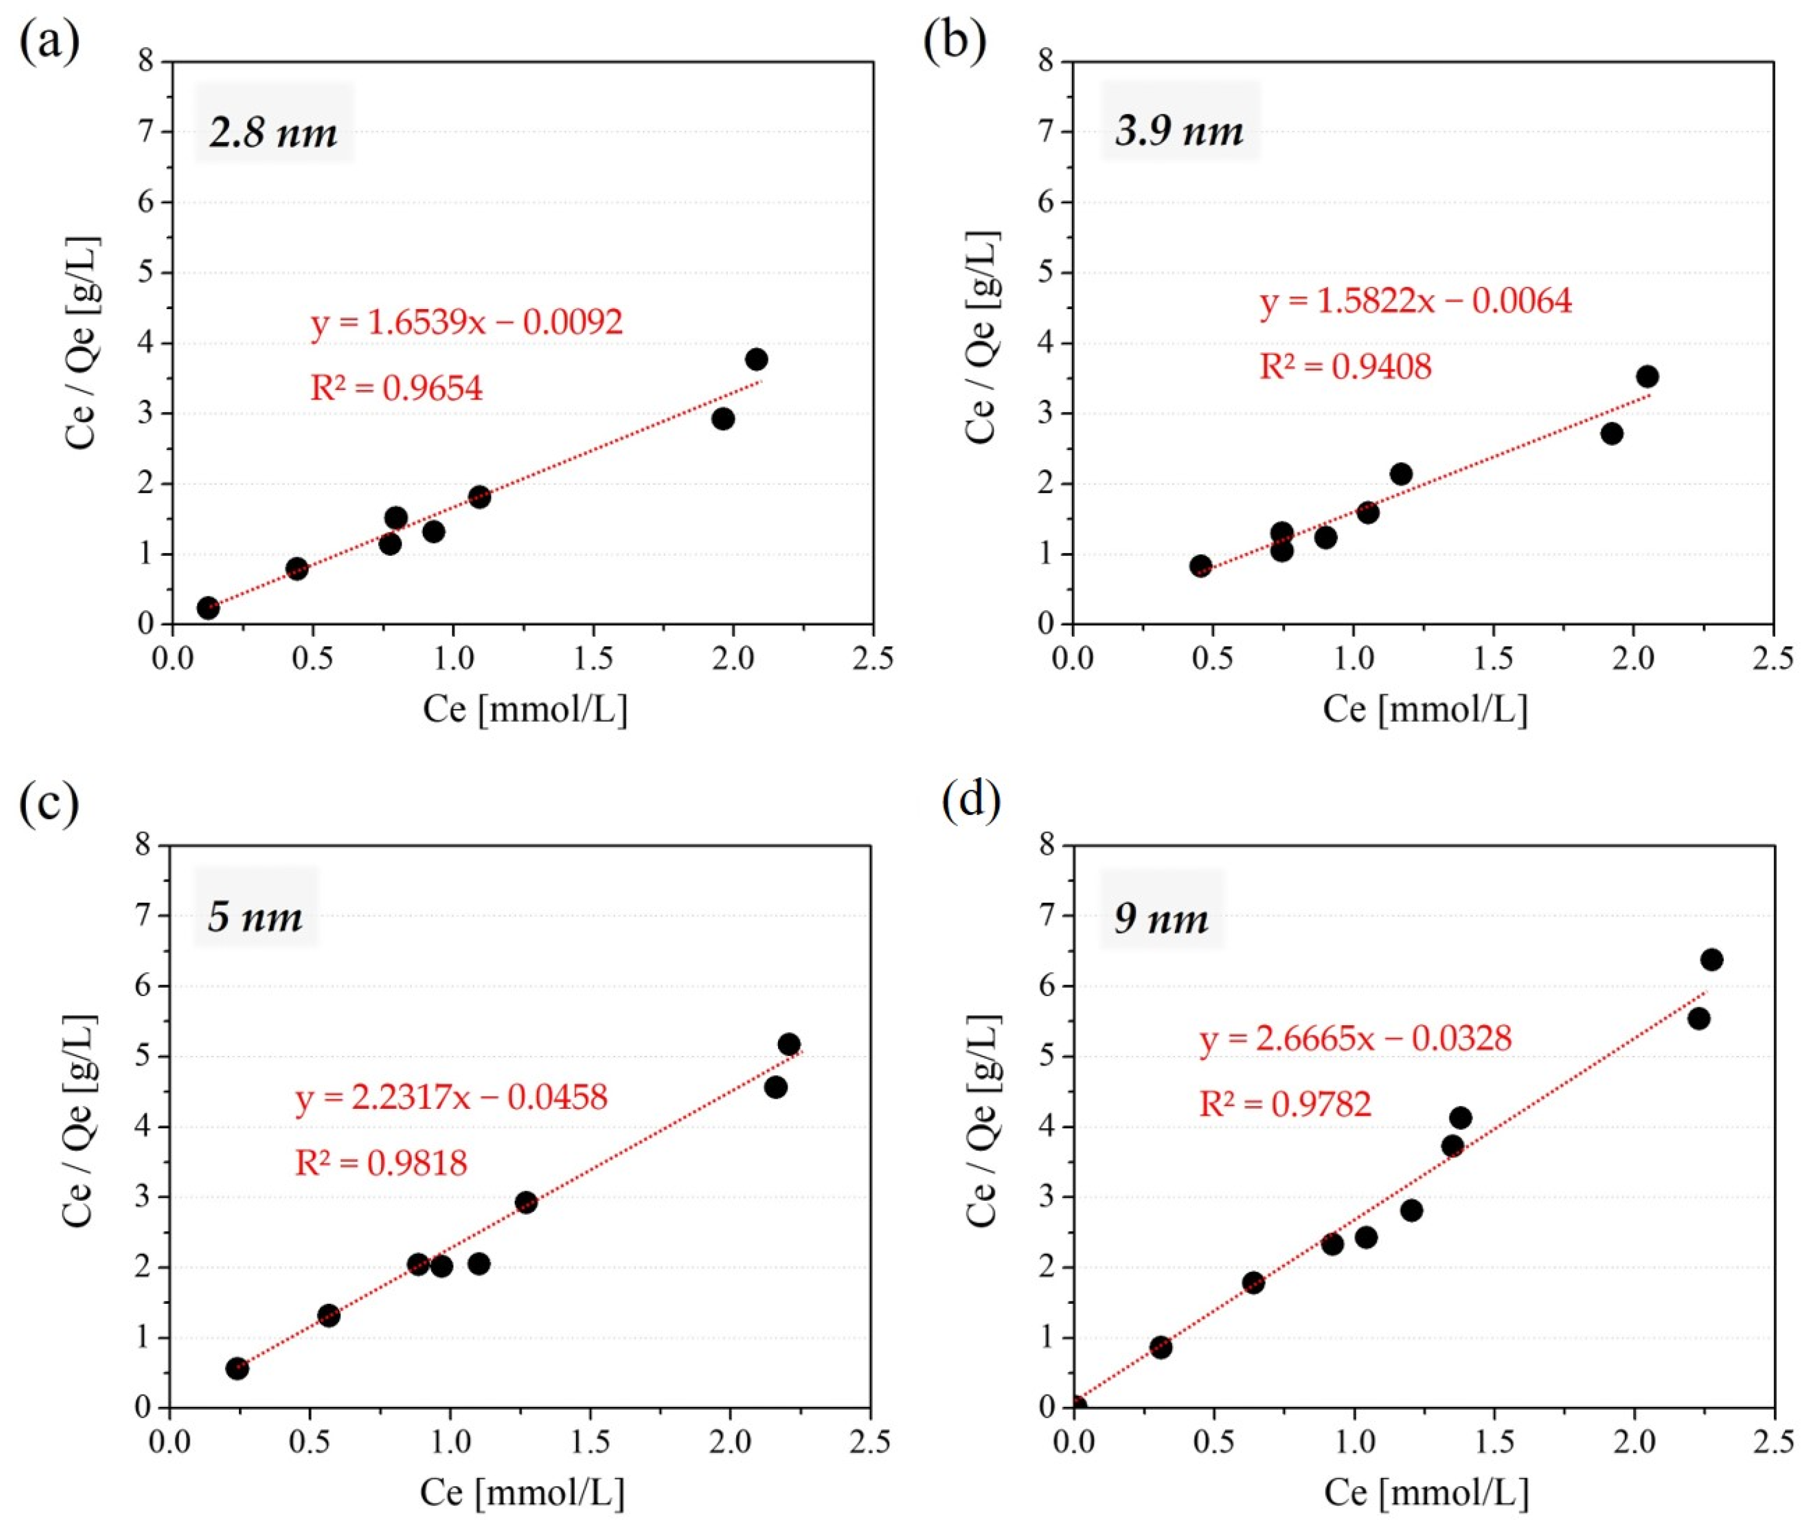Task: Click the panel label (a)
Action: pos(49,41)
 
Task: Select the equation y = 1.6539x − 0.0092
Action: pos(466,322)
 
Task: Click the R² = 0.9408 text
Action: pos(1345,366)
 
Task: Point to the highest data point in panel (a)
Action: pos(756,359)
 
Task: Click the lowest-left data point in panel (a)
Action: pos(208,607)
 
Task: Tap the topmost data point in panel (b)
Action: pos(1647,376)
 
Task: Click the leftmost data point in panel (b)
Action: pos(1200,565)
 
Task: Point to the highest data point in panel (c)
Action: pos(789,1044)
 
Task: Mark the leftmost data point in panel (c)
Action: pos(237,1369)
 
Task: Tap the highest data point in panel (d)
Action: pos(1711,959)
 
